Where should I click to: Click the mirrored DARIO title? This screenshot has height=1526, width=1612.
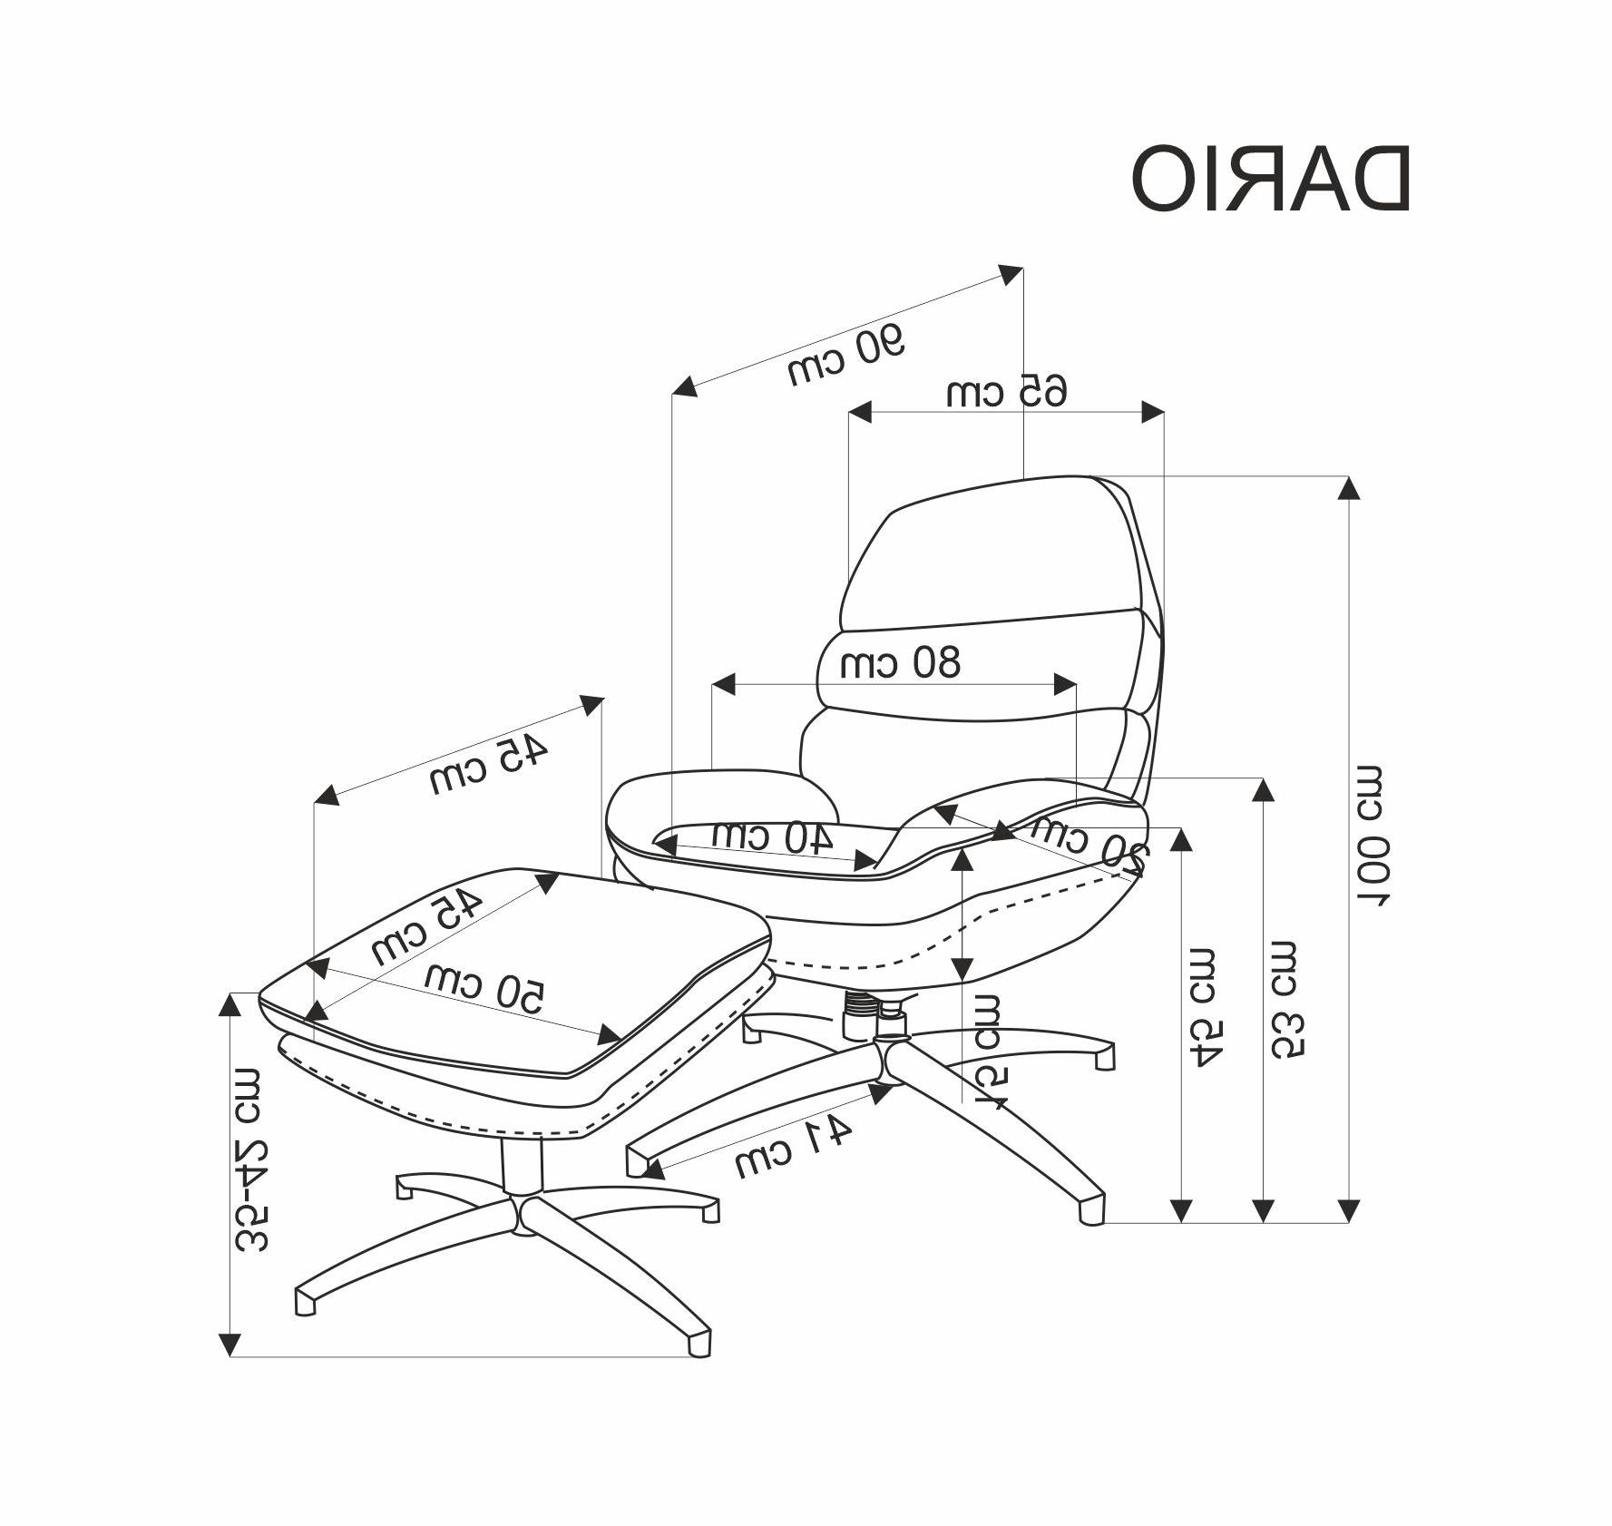coord(1270,179)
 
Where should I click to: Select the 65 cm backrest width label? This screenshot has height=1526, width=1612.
coord(1006,391)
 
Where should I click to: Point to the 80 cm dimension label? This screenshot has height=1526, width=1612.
coord(899,663)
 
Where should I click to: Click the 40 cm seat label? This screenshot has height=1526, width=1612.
coord(772,836)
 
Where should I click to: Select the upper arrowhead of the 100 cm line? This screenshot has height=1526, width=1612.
coord(1349,488)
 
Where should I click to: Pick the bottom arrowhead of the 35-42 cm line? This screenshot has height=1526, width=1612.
coord(230,1344)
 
